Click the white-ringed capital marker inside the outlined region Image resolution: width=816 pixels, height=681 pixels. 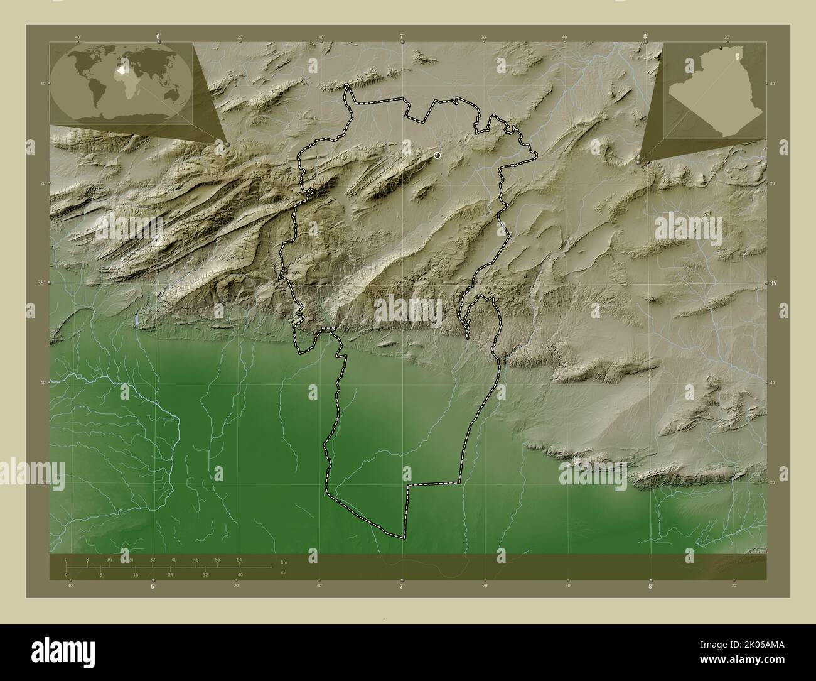point(437,155)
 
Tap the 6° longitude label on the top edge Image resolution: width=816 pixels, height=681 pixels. point(158,36)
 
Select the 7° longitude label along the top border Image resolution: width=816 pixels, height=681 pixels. point(402,36)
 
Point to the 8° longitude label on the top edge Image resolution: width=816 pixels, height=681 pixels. point(645,36)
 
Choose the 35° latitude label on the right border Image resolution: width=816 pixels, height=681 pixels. point(774,283)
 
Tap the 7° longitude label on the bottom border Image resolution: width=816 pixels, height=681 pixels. point(402,586)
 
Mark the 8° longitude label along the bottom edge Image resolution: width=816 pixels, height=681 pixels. point(651,586)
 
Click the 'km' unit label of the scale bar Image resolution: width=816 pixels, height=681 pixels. point(284,562)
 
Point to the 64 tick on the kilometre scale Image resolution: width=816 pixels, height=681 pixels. point(239,559)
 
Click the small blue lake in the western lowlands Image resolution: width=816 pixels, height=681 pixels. point(136,320)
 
